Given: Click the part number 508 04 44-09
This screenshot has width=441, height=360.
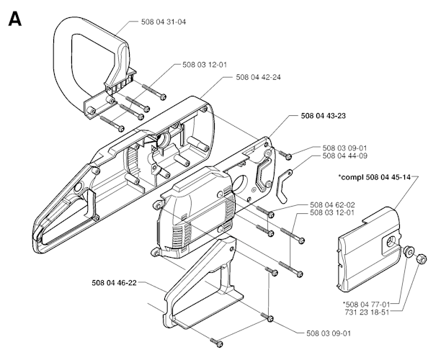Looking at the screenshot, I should coord(345,156).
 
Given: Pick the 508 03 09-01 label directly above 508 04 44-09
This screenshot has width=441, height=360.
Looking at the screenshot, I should coord(345,148).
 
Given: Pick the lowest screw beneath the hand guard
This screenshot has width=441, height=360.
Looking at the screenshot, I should coord(214,341).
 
